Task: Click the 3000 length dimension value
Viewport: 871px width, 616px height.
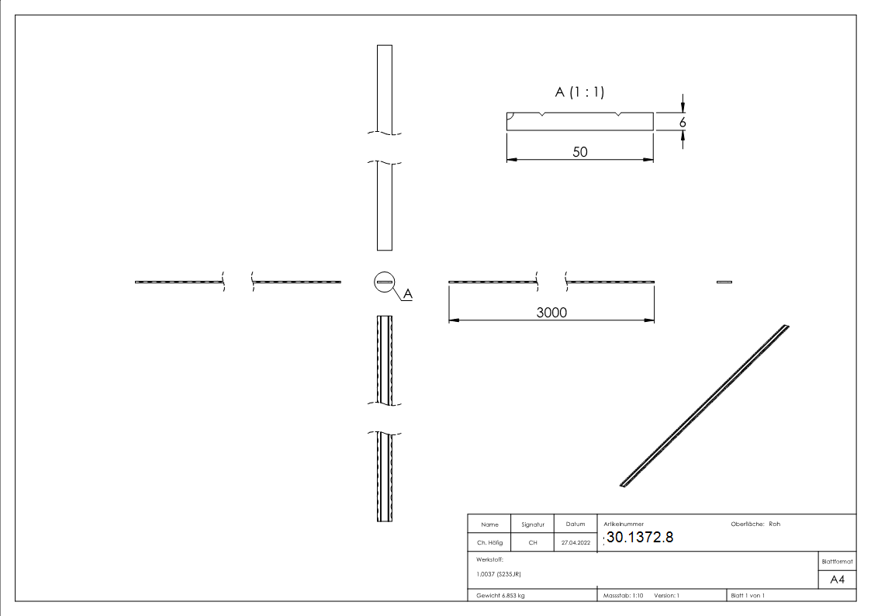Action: pyautogui.click(x=551, y=312)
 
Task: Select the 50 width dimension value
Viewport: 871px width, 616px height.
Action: pyautogui.click(x=579, y=152)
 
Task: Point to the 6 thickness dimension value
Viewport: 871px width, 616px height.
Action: pyautogui.click(x=683, y=122)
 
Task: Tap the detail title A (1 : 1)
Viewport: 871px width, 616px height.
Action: pyautogui.click(x=579, y=92)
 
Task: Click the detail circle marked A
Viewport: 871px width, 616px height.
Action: pyautogui.click(x=384, y=282)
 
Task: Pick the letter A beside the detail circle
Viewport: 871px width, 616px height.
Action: pyautogui.click(x=408, y=295)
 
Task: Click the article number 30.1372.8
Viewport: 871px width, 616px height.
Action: pyautogui.click(x=640, y=537)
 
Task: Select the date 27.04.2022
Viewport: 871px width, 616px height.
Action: pyautogui.click(x=575, y=542)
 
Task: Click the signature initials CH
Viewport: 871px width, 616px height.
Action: pyautogui.click(x=532, y=542)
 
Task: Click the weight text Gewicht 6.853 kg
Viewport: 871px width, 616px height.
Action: pyautogui.click(x=502, y=595)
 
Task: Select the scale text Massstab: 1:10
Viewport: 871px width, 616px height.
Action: pyautogui.click(x=624, y=595)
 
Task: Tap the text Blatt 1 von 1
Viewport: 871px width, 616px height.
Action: pyautogui.click(x=748, y=595)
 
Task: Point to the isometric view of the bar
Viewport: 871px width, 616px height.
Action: pyautogui.click(x=705, y=406)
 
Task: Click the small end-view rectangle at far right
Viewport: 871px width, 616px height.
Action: pyautogui.click(x=724, y=282)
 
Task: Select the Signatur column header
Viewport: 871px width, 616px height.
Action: pyautogui.click(x=532, y=524)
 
